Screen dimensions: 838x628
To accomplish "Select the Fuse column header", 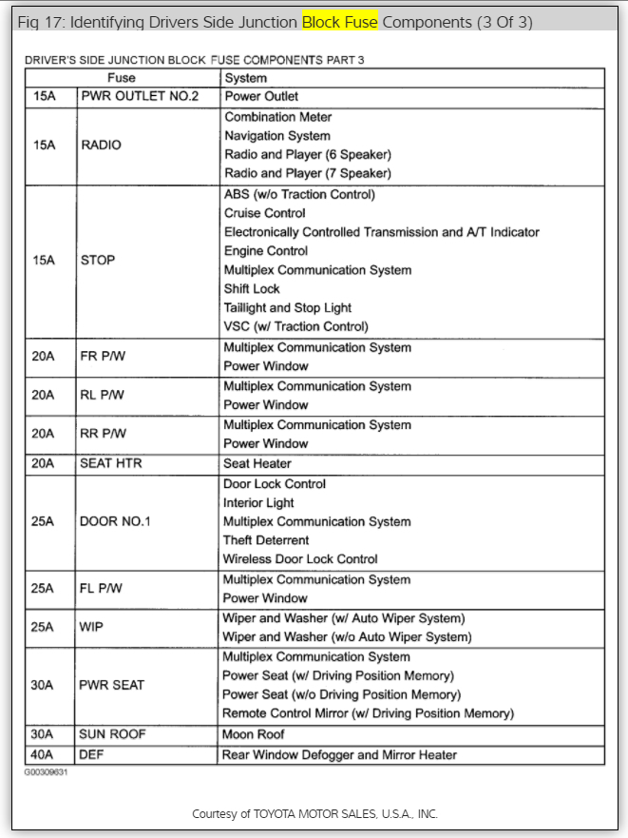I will coord(121,78).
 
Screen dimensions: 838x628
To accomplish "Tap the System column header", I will coord(245,78).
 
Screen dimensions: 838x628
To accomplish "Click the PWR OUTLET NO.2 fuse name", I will coord(140,96).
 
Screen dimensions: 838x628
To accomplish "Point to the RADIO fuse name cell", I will coord(102,145).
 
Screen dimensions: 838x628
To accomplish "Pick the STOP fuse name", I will coord(98,260).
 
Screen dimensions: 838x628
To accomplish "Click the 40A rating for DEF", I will coord(44,754).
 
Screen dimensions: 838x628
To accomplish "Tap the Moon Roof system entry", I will coord(254,734).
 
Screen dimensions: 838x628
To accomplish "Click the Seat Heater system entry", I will coord(257,463).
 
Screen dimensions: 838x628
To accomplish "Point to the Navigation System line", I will coord(277,136).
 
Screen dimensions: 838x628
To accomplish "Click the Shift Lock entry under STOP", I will coord(252,288).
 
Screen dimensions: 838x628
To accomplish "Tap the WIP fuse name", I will coord(91,628).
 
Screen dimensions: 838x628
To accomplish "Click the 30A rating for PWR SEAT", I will coord(44,685).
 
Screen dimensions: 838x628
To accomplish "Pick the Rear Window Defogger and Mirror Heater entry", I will coord(339,754).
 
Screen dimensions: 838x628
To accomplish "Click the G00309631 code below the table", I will coord(47,772).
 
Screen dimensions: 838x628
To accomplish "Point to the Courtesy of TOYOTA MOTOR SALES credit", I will coord(314,813).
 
